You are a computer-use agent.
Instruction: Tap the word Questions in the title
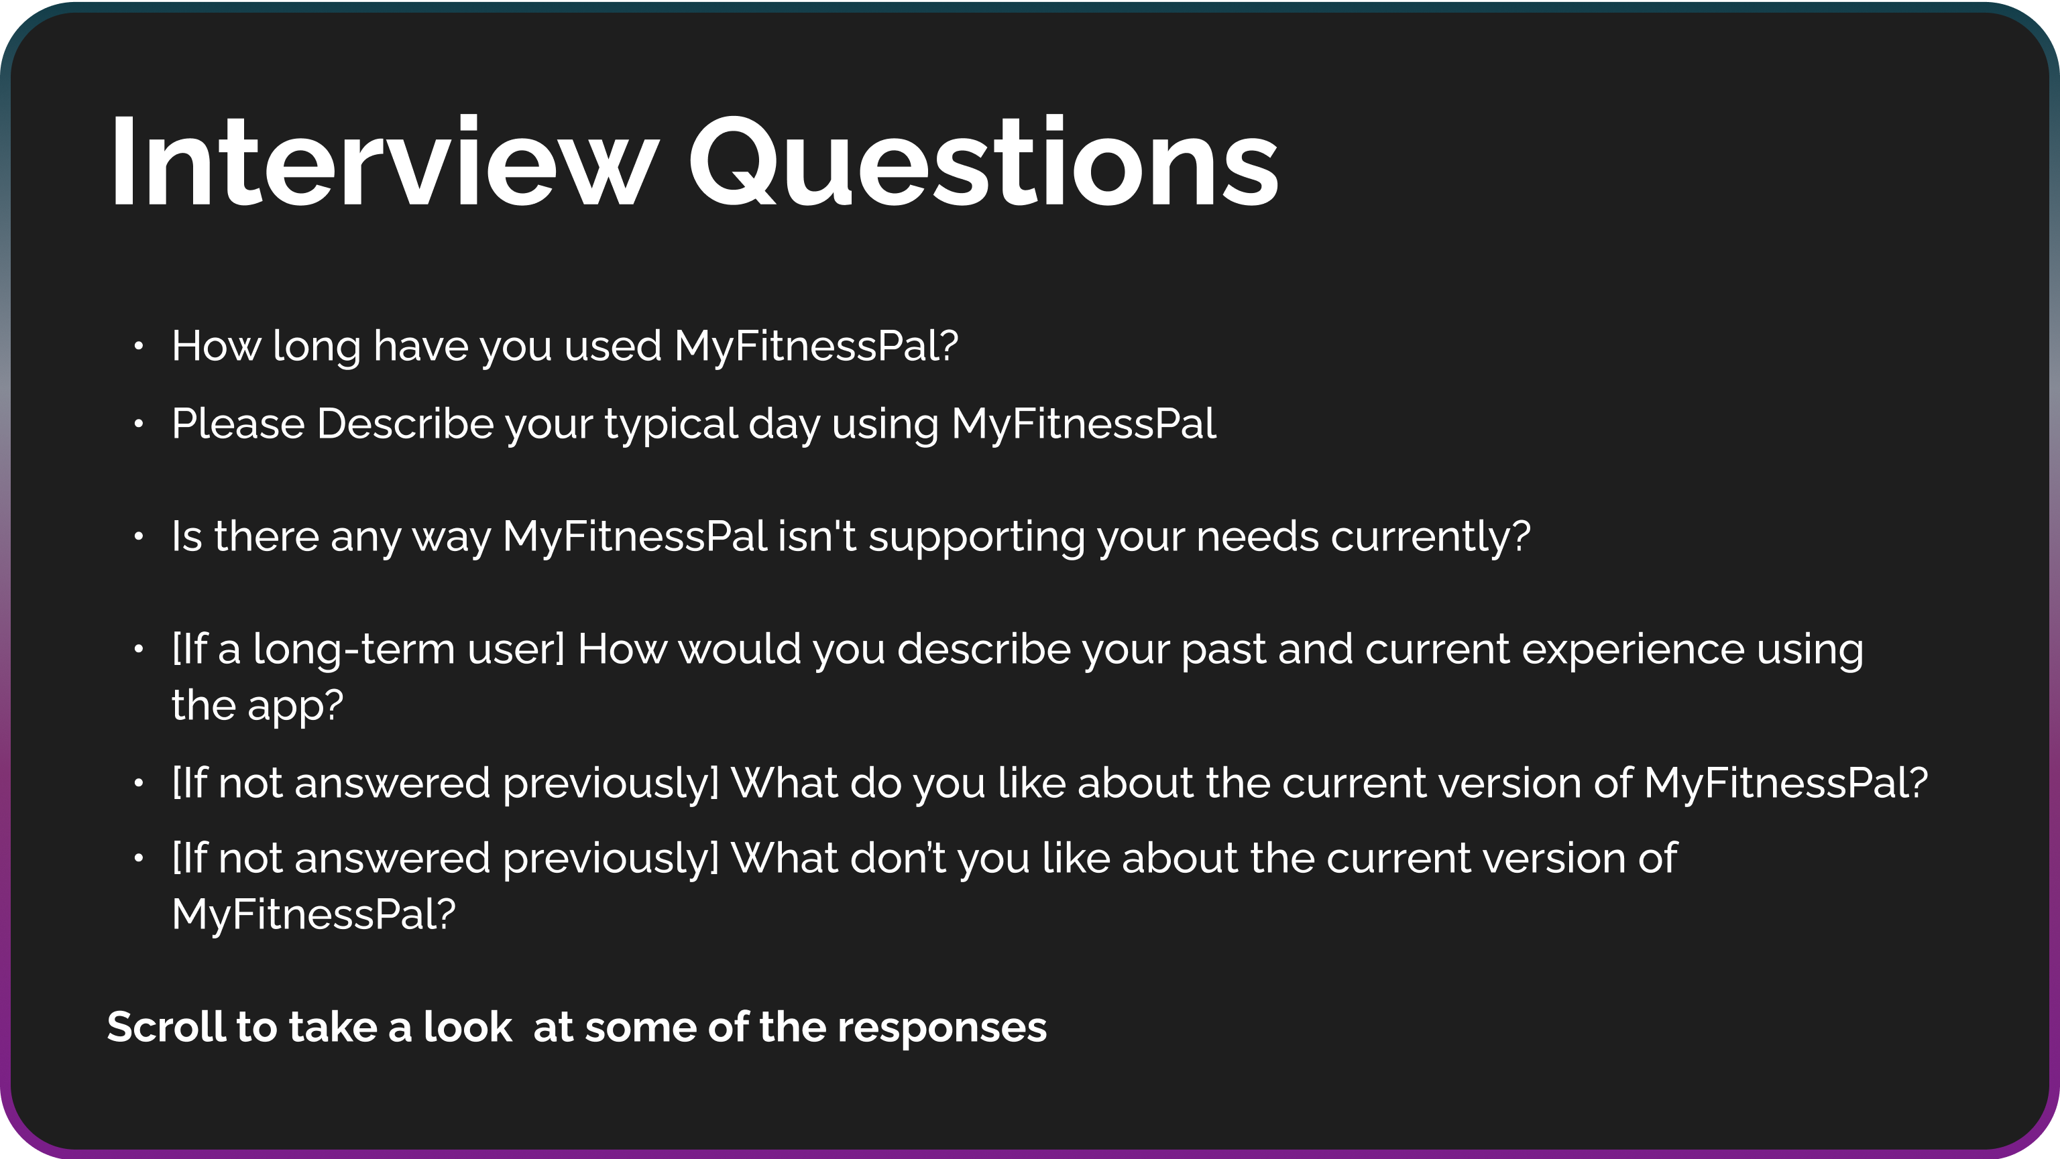984,162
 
